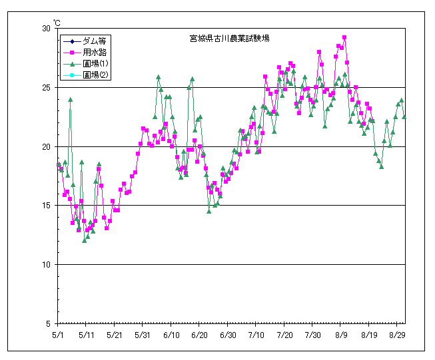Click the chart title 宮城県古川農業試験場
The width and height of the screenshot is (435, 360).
(x=228, y=39)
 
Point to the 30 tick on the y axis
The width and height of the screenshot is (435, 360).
(x=46, y=29)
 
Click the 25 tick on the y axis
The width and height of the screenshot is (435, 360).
(x=46, y=88)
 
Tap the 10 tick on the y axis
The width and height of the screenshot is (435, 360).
(x=46, y=265)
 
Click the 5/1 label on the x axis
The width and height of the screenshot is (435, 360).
(x=59, y=336)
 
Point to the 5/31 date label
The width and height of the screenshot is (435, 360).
(x=143, y=336)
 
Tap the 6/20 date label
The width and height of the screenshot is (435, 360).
(x=200, y=336)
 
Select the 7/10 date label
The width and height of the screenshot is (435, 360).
(x=256, y=336)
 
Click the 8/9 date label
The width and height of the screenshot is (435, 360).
(x=341, y=336)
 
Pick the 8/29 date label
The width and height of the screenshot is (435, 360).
(x=398, y=336)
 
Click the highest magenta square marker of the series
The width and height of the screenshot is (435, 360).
(x=344, y=38)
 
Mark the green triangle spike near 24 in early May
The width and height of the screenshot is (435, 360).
(x=70, y=100)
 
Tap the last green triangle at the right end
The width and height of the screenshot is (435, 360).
(x=404, y=116)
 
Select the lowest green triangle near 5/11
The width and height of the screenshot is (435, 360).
(x=85, y=240)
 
